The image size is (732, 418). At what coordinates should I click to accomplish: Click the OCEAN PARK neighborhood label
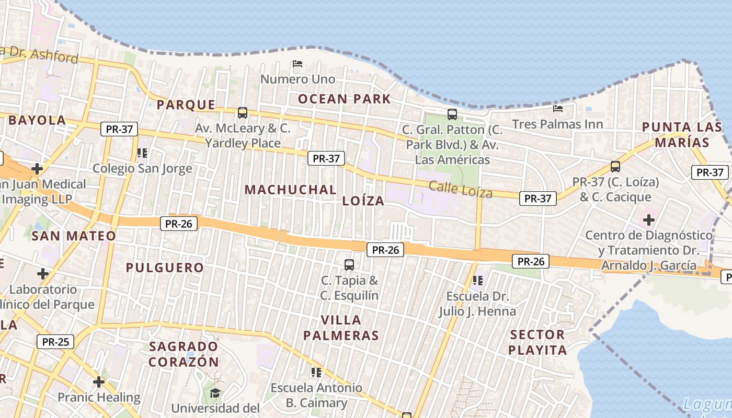tap(344, 99)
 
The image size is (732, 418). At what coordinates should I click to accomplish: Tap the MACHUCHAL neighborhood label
tap(290, 190)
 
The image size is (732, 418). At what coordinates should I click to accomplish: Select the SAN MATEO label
tap(74, 236)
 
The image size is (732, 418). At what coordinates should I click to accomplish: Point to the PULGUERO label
tap(165, 268)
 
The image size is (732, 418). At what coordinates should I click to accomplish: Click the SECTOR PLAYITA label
tap(537, 342)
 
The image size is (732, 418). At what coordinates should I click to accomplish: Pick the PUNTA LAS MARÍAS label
tap(682, 134)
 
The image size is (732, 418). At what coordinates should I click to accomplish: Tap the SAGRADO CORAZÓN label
tap(184, 354)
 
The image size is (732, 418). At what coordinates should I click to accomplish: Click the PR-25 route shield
tap(55, 342)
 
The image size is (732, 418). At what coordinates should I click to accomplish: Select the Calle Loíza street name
tap(461, 189)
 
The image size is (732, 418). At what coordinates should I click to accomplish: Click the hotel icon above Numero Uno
tap(298, 64)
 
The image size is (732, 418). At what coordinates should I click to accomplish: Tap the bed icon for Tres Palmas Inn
tap(558, 108)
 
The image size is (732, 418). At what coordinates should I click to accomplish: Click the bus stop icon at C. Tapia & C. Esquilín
tap(349, 265)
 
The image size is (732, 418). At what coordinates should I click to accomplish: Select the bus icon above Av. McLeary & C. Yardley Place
tap(242, 112)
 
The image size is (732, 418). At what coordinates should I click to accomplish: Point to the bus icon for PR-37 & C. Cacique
tap(615, 167)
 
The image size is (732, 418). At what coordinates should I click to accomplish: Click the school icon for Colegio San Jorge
tap(142, 153)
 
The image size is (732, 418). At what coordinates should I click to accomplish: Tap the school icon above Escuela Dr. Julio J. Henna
tap(477, 281)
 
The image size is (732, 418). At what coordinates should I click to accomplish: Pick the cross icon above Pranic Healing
tap(99, 382)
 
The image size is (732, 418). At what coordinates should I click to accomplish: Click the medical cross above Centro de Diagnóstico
tap(649, 220)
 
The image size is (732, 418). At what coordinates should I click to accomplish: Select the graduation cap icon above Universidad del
tap(215, 392)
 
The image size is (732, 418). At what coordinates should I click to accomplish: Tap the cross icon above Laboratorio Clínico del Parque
tap(43, 273)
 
